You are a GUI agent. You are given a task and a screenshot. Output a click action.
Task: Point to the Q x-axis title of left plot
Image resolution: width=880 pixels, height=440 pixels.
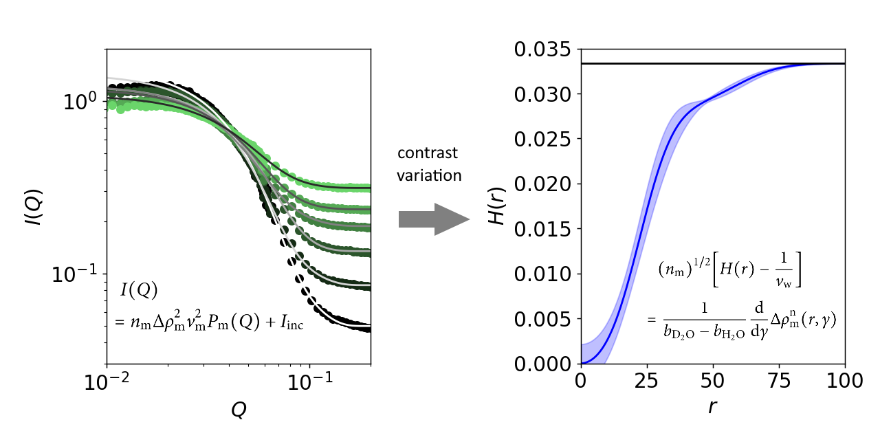click(239, 410)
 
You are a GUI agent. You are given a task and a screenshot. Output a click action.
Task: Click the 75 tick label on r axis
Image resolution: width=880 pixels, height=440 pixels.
click(779, 380)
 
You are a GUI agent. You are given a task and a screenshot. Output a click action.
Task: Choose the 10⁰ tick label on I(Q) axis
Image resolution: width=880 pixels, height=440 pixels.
click(81, 102)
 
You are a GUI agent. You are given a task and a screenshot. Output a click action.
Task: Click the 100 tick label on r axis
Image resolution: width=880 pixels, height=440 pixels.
click(844, 380)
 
